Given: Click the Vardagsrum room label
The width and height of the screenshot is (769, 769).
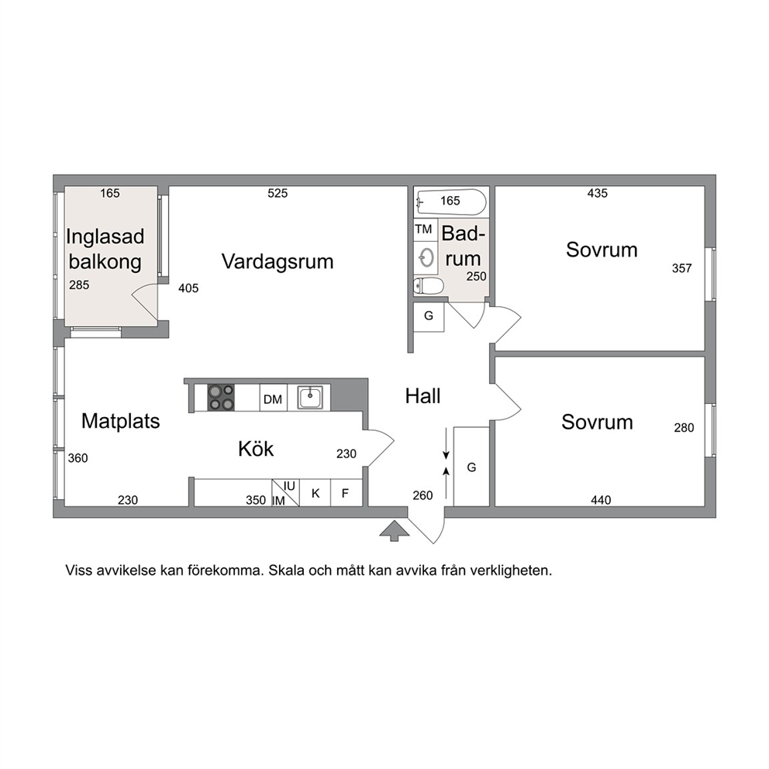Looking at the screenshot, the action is pyautogui.click(x=278, y=262).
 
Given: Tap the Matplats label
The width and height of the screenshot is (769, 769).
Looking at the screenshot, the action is pyautogui.click(x=121, y=421).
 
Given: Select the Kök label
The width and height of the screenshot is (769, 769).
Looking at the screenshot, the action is pyautogui.click(x=256, y=449).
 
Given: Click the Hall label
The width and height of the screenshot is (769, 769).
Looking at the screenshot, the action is pyautogui.click(x=422, y=396).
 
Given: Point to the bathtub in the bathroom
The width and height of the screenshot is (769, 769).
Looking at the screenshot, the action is pyautogui.click(x=451, y=202).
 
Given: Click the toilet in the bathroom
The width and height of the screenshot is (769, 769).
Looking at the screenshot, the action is pyautogui.click(x=429, y=285).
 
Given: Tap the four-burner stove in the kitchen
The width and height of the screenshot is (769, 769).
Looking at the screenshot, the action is pyautogui.click(x=221, y=398).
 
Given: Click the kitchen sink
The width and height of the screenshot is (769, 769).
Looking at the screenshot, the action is pyautogui.click(x=310, y=397).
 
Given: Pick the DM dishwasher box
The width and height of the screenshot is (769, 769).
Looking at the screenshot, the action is pyautogui.click(x=273, y=398).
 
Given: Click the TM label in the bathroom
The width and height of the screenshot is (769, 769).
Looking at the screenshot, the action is pyautogui.click(x=424, y=229).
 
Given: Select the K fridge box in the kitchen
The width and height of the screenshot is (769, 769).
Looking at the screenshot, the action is pyautogui.click(x=316, y=493).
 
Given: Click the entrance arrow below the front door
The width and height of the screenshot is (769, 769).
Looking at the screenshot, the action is pyautogui.click(x=395, y=531).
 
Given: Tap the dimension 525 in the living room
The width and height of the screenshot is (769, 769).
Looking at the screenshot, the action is pyautogui.click(x=278, y=193).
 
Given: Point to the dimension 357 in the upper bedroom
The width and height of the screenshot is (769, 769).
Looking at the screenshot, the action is pyautogui.click(x=681, y=268).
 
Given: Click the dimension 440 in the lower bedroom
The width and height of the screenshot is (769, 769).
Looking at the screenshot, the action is pyautogui.click(x=601, y=500).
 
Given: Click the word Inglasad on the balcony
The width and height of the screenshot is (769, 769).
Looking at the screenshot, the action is pyautogui.click(x=105, y=237).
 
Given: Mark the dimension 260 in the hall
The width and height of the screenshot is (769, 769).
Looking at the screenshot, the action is pyautogui.click(x=422, y=495).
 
